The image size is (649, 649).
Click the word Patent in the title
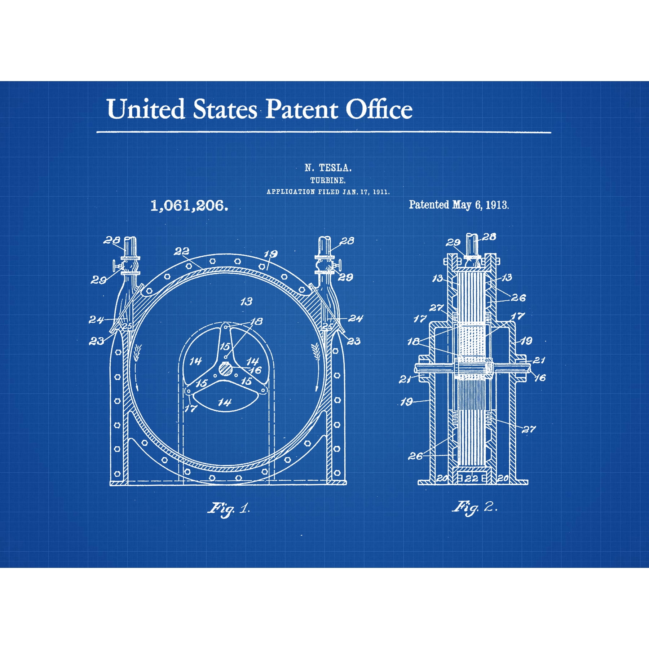pos(302,109)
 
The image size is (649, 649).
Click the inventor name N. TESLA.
pos(328,168)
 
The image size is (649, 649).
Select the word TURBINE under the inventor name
pos(328,180)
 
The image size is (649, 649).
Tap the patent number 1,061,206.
pos(189,206)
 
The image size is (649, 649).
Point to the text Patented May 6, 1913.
pos(459,205)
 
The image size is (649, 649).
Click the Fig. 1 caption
pos(229,509)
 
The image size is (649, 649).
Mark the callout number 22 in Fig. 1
pos(181,251)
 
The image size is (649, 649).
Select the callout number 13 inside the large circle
pos(246,301)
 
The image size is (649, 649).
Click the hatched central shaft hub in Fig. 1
pos(226,369)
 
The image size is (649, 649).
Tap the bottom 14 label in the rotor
pos(225,402)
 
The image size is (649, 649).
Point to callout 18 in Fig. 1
pos(256,321)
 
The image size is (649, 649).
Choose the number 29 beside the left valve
pos(98,280)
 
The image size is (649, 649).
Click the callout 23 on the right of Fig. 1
pos(353,341)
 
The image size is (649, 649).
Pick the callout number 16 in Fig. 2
pos(540,378)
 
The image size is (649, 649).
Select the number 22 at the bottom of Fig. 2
pos(471,478)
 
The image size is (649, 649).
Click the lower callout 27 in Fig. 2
pos(529,429)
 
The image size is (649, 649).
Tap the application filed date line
pos(328,192)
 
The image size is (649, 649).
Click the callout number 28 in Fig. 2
pos(489,237)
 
